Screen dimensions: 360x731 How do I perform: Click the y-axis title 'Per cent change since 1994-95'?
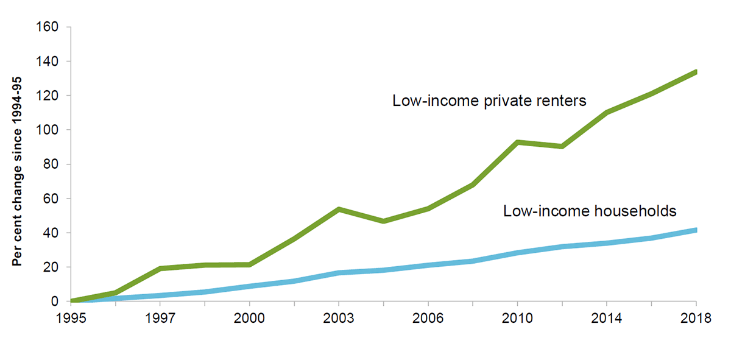pos(18,164)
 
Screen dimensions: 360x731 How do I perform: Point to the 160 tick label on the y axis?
pos(48,27)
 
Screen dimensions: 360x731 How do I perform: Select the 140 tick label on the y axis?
pos(48,62)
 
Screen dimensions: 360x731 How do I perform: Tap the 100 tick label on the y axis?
pos(48,130)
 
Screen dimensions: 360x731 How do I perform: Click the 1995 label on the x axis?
pos(71,318)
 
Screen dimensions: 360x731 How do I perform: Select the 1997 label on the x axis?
pos(160,318)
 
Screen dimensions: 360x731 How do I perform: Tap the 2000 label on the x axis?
pos(250,318)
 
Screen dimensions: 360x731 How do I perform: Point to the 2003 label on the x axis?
pos(339,318)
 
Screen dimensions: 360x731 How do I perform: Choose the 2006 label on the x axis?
pos(428,318)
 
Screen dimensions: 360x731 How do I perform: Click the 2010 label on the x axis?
pos(517,318)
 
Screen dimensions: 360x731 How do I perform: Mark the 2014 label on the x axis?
pos(607,318)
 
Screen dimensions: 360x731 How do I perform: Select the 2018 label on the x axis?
pos(696,318)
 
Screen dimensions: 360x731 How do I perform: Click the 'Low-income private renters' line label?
pos(489,101)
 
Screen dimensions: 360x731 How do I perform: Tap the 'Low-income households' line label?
pos(590,211)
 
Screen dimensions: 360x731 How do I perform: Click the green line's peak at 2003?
pos(339,209)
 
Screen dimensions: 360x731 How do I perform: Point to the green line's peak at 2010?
pos(517,142)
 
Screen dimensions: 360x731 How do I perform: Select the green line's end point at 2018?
pos(695,72)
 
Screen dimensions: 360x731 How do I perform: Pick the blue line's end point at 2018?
pos(695,230)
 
